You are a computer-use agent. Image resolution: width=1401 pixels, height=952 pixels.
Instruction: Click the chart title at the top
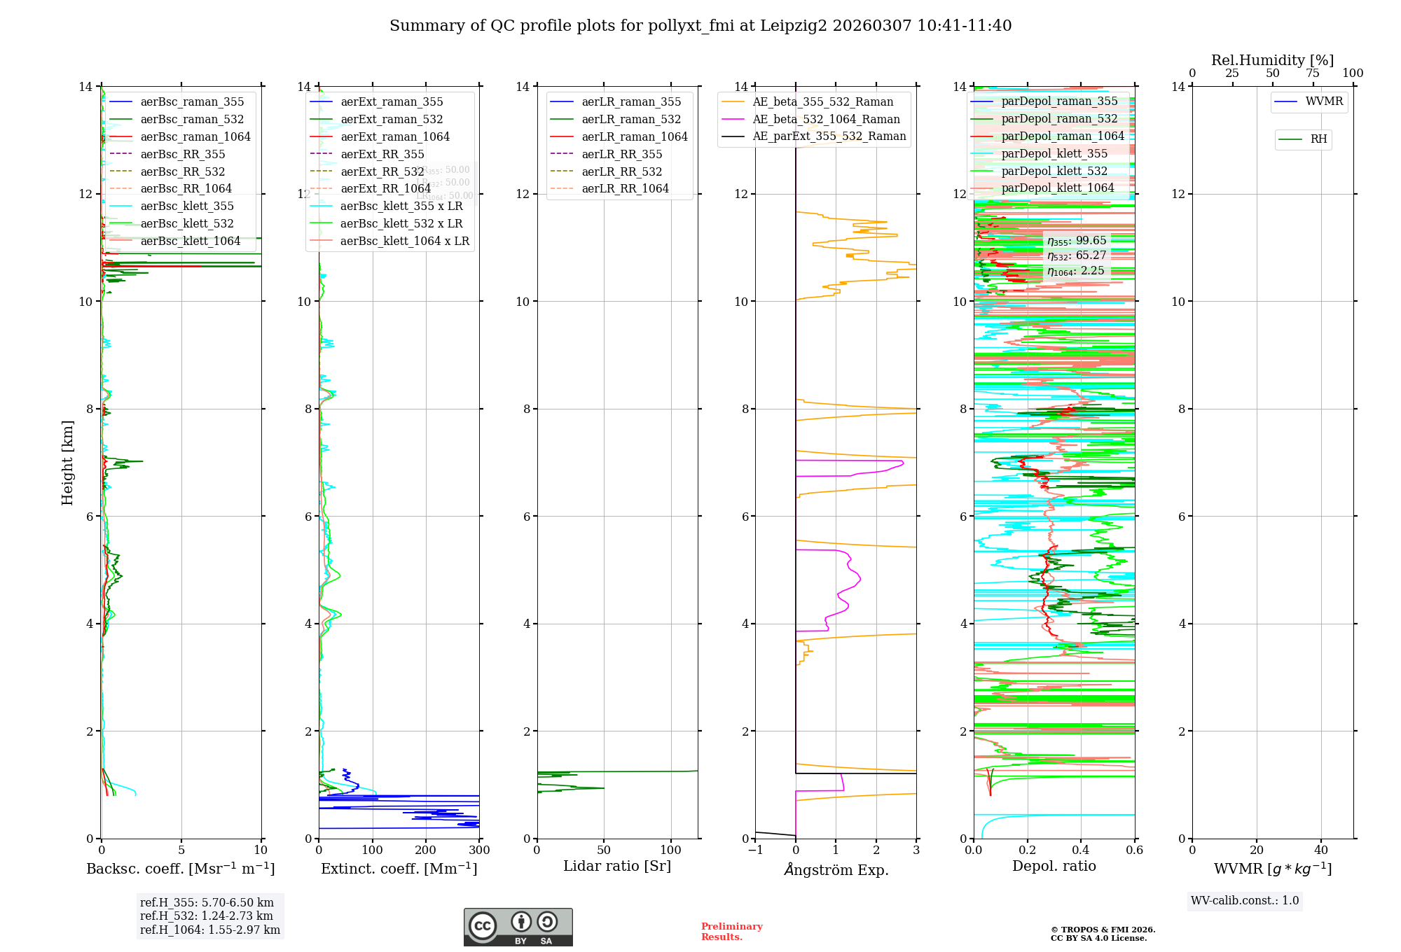(700, 26)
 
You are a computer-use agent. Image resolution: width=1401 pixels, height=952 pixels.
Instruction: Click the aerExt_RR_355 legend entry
(382, 154)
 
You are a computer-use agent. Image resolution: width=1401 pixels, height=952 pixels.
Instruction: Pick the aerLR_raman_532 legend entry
(630, 119)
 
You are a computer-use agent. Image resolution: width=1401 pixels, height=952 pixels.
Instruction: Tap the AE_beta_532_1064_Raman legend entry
(825, 119)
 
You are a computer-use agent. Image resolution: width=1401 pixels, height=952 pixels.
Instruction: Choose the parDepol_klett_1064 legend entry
(1057, 188)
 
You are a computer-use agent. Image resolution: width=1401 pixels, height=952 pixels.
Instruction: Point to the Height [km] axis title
(67, 462)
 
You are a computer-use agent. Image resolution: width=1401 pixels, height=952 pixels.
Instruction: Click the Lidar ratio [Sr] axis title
(617, 866)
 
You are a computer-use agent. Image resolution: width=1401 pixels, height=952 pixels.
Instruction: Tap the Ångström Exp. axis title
(836, 869)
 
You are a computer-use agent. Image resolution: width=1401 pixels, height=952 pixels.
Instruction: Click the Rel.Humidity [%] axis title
(1272, 60)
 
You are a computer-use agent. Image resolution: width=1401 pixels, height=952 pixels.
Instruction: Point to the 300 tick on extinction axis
(479, 850)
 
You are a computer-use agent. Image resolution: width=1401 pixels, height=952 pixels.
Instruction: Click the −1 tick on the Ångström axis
(754, 850)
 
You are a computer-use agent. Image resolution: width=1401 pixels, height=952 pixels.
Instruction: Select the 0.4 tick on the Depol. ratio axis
(1081, 850)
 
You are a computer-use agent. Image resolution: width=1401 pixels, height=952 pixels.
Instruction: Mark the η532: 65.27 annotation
(1077, 255)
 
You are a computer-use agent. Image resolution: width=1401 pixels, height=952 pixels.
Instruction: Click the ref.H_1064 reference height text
(210, 930)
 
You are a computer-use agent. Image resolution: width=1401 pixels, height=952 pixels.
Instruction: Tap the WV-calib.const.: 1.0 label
(1245, 901)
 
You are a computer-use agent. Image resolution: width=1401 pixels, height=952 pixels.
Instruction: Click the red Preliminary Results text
(731, 932)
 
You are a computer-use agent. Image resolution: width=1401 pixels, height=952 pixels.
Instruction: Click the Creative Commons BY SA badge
(518, 927)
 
